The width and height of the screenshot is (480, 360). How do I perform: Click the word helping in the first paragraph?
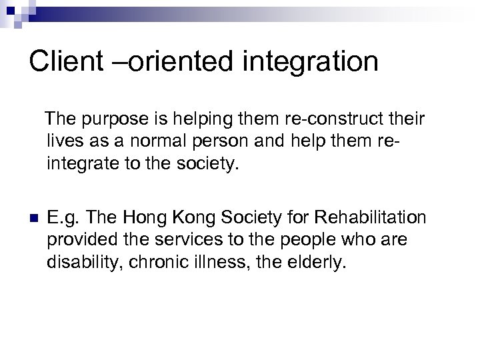pyautogui.click(x=209, y=120)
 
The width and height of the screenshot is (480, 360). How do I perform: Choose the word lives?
pyautogui.click(x=64, y=142)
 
